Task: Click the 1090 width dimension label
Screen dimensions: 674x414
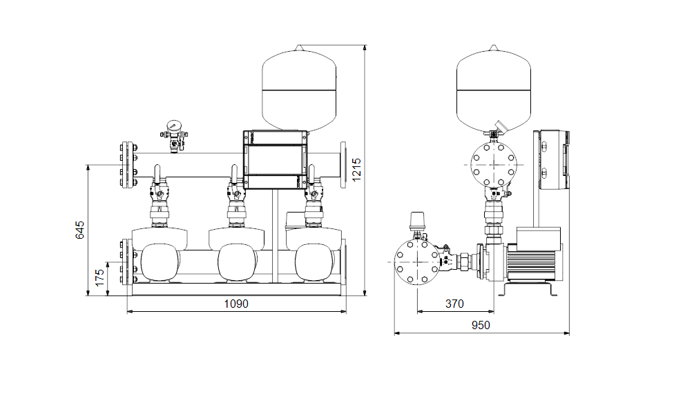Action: coord(236,304)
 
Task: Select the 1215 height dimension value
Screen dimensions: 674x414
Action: coord(356,170)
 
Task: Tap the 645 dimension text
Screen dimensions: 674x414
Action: coord(80,230)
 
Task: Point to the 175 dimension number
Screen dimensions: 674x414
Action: coord(99,278)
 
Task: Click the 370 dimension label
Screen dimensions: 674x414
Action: coord(454,304)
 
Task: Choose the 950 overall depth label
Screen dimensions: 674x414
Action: coord(481,326)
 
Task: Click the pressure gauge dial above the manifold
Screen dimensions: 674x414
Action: coord(174,126)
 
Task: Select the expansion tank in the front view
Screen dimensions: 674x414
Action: coord(299,88)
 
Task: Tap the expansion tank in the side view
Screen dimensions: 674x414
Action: coord(494,88)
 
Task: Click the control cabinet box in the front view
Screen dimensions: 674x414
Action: coord(275,160)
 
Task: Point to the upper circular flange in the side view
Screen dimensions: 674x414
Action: coord(494,164)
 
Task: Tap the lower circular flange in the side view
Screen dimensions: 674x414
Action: coord(417,262)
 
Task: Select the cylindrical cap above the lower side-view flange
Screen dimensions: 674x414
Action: coord(417,222)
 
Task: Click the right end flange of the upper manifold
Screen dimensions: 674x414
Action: coord(343,165)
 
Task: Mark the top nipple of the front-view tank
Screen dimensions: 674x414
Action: coord(300,48)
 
